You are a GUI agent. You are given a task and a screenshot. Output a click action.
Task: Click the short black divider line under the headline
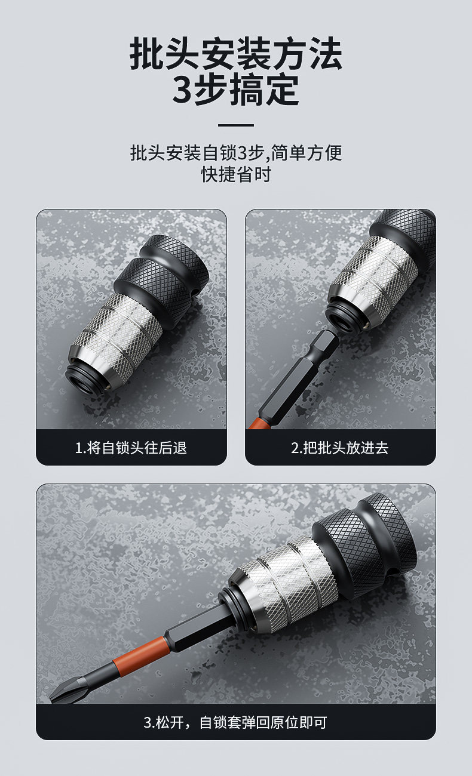click(236, 125)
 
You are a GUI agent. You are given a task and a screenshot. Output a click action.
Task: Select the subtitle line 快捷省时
click(236, 174)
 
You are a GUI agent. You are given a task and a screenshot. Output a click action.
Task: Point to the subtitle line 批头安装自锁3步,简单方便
click(236, 153)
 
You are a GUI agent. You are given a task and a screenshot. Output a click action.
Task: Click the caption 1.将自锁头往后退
click(131, 448)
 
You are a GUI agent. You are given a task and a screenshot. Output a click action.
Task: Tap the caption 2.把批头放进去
click(340, 448)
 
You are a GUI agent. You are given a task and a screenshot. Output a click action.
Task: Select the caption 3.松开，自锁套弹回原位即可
click(235, 722)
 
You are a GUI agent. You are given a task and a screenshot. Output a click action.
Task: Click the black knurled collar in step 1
click(164, 277)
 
